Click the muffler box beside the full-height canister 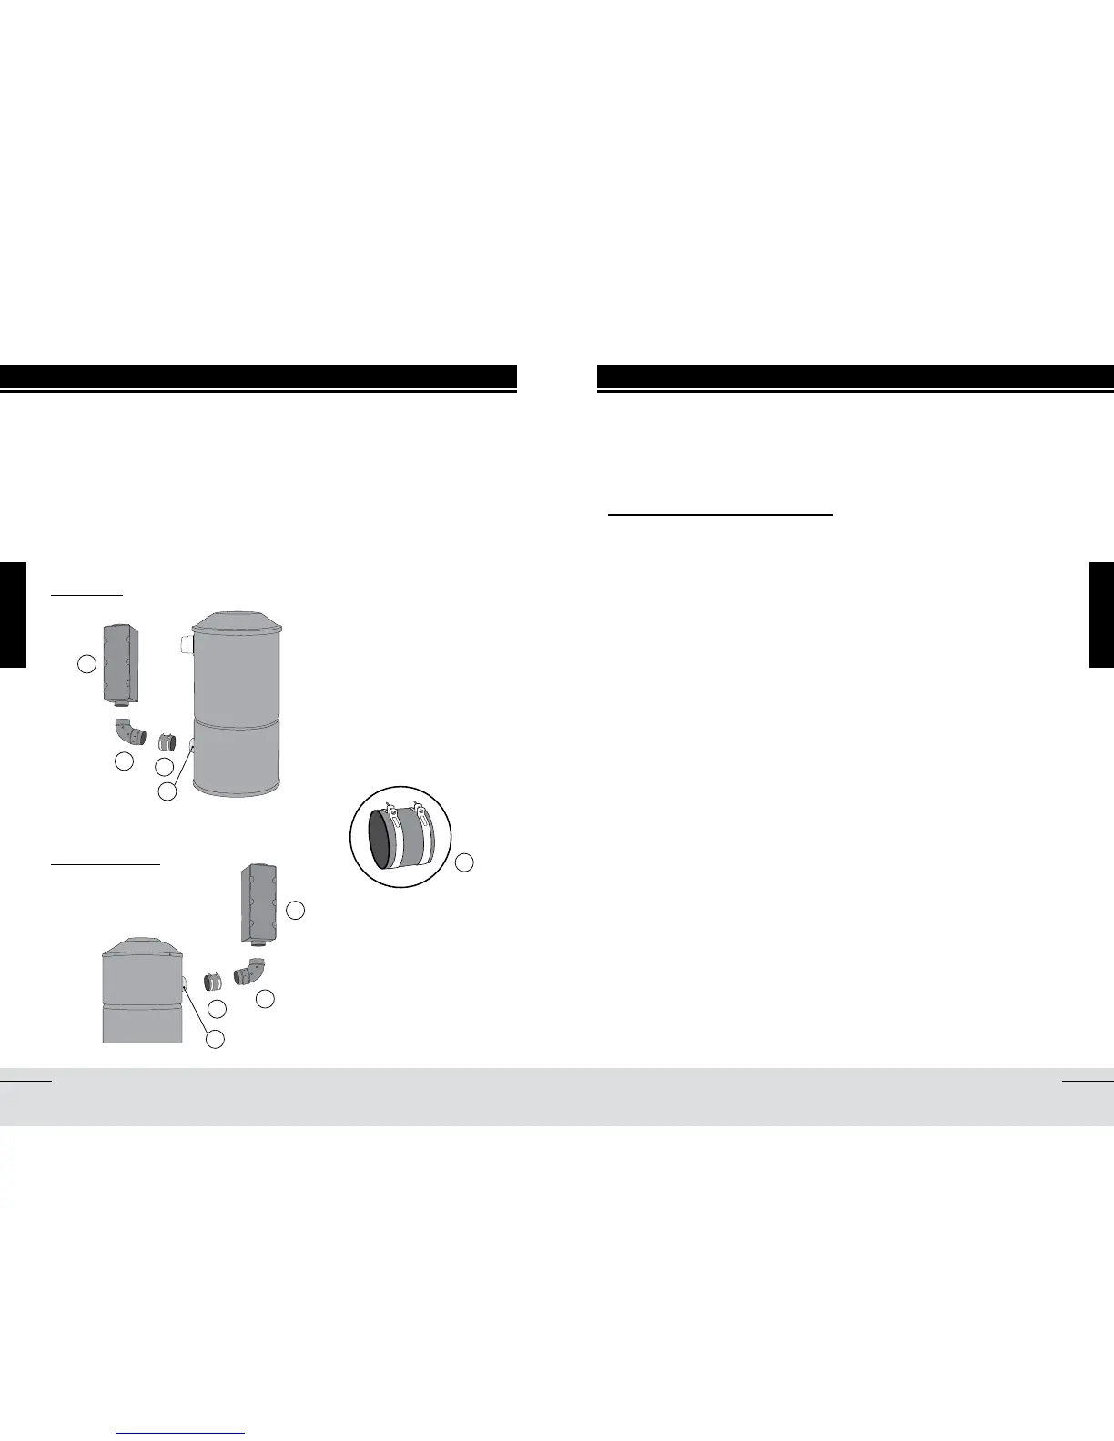coord(121,663)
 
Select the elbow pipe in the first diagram coord(130,731)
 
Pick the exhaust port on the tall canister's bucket coord(192,745)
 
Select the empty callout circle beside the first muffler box coord(86,664)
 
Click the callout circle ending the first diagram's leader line coord(167,791)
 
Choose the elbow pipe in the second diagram coord(248,972)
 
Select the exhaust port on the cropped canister coord(185,983)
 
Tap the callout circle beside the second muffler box coord(296,909)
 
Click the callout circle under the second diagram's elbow coord(265,999)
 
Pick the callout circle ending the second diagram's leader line coord(215,1039)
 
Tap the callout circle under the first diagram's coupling coord(164,767)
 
